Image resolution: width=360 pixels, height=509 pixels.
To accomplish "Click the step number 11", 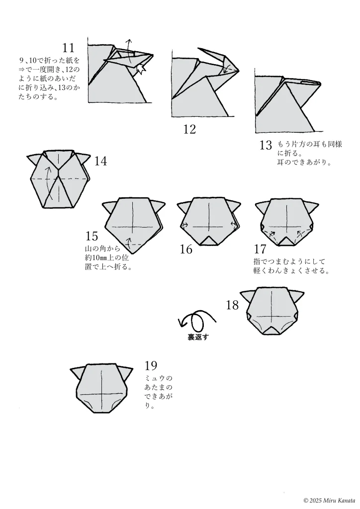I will pos(68,48).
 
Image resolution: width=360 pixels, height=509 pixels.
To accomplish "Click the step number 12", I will pos(189,130).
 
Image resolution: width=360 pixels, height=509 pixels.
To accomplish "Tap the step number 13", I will pos(266,145).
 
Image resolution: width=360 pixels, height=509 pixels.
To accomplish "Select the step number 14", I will pos(100,161).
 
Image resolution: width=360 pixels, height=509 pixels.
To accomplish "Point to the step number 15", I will pos(91,236).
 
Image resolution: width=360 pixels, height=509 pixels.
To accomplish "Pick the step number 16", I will pos(185,250).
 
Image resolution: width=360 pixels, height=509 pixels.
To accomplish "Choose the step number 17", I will pos(260,250).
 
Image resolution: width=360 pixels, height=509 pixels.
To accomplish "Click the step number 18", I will pos(232,305).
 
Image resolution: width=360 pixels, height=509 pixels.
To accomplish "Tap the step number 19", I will pos(151,366).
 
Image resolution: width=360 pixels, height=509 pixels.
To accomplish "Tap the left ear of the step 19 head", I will pos(78,373).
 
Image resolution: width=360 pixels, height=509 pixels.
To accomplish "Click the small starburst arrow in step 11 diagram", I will pos(140,70).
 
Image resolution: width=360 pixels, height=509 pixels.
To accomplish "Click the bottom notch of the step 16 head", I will pos(208,241).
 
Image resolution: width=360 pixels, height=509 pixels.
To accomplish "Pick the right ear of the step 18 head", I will pos(297,296).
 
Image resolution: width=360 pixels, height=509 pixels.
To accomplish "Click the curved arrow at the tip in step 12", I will pos(227,69).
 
